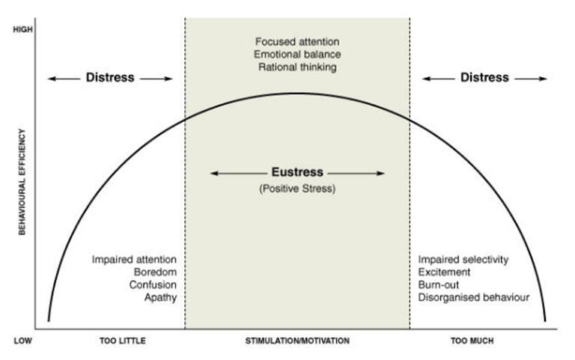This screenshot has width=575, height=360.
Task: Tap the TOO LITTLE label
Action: (122, 341)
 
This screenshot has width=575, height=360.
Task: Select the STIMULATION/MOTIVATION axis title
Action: (297, 341)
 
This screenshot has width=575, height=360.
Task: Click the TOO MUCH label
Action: (472, 341)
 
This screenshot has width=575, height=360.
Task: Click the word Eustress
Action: (297, 173)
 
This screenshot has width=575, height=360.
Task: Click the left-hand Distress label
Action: (109, 77)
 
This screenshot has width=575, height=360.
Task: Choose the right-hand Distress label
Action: (484, 77)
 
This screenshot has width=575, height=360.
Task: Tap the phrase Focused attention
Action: (297, 40)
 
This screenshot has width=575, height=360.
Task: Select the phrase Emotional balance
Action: (297, 54)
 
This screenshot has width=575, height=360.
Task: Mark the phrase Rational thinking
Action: (297, 67)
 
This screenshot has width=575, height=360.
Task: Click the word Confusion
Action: (153, 285)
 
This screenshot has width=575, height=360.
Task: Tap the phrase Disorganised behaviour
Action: (474, 298)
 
